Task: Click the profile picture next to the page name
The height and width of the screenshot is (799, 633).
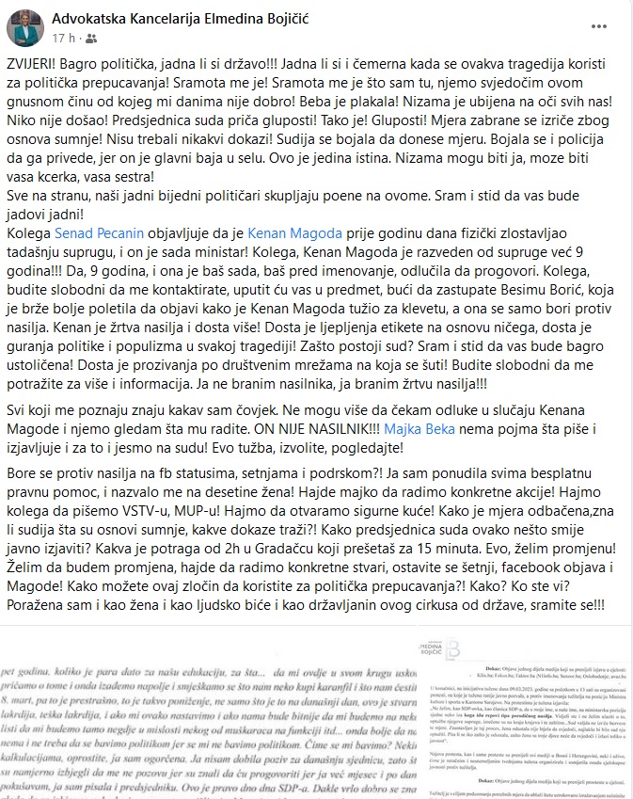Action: (24, 28)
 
